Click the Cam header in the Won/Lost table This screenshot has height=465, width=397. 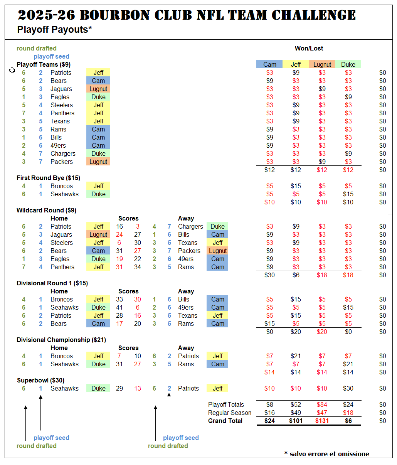[269, 64]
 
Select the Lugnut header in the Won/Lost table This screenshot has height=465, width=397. [322, 64]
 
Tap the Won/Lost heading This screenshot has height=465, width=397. [309, 48]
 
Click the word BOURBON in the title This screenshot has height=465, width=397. [115, 15]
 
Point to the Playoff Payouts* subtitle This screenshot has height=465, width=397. [54, 29]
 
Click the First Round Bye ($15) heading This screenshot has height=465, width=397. [48, 178]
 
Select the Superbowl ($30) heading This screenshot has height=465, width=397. [41, 380]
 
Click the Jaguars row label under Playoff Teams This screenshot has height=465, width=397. [61, 89]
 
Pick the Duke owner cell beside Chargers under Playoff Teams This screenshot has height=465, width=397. [98, 153]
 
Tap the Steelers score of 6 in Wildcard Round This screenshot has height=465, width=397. [119, 243]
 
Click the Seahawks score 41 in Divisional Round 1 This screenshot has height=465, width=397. [119, 307]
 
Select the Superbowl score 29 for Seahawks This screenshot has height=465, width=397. [119, 388]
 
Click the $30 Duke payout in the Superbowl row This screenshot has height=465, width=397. [348, 388]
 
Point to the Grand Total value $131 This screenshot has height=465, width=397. [322, 421]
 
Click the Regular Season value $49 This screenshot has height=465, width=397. [296, 413]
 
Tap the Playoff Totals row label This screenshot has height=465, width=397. [226, 404]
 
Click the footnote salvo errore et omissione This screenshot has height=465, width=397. [329, 454]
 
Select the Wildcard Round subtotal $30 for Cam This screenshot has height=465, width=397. [269, 275]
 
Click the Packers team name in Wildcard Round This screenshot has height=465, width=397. [189, 251]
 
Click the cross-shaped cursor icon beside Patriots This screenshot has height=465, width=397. [12, 71]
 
